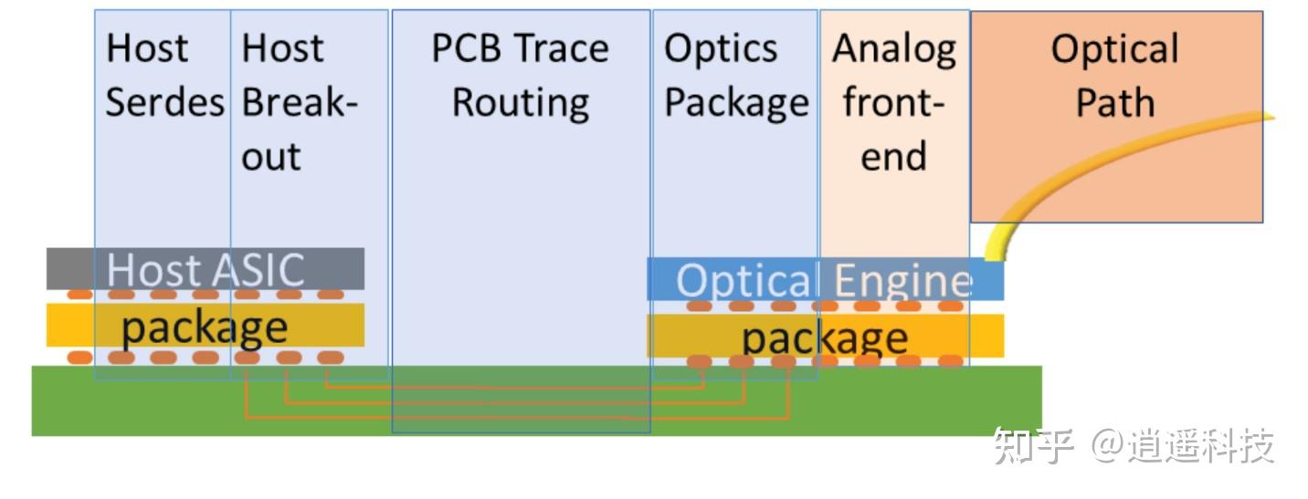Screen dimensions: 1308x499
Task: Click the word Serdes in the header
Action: pyautogui.click(x=164, y=102)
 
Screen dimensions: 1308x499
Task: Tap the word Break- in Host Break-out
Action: pyautogui.click(x=300, y=102)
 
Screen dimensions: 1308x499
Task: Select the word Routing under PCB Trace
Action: pyautogui.click(x=521, y=104)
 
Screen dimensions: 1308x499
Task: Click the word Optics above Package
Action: pyautogui.click(x=722, y=49)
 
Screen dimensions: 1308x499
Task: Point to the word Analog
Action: pyautogui.click(x=894, y=50)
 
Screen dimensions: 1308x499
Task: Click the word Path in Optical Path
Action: pyautogui.click(x=1115, y=103)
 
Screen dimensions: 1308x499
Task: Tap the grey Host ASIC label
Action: pyautogui.click(x=206, y=270)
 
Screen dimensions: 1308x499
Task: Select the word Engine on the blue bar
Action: pyautogui.click(x=903, y=281)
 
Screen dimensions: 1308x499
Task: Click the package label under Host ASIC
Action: pyautogui.click(x=205, y=328)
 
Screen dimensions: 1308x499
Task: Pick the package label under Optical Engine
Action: pyautogui.click(x=825, y=338)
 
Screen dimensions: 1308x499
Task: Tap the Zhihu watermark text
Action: pyautogui.click(x=1134, y=446)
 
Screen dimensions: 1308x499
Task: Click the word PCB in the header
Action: pyautogui.click(x=466, y=48)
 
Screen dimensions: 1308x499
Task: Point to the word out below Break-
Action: pyautogui.click(x=271, y=158)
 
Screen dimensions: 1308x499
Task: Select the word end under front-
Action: pyautogui.click(x=894, y=157)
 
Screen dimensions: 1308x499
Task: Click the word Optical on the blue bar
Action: pyautogui.click(x=744, y=281)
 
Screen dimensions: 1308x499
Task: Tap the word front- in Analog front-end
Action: pyautogui.click(x=893, y=102)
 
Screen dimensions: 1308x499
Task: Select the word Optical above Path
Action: pyautogui.click(x=1115, y=50)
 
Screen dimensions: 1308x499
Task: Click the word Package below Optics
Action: pyautogui.click(x=737, y=104)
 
